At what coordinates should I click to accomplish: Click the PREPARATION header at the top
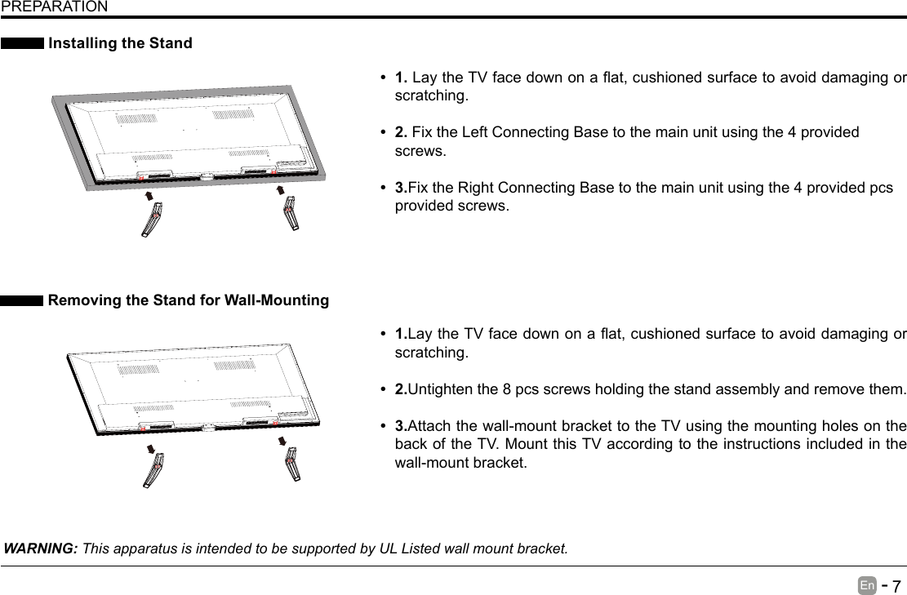[53, 7]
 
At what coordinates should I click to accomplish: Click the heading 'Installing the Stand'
[121, 43]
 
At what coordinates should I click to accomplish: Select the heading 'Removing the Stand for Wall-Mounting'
[189, 300]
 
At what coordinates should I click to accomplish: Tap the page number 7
[896, 587]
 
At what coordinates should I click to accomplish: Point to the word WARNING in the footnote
[41, 547]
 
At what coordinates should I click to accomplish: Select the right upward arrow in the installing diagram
[281, 191]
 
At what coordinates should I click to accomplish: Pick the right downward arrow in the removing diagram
[282, 442]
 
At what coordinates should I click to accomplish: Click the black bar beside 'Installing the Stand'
[22, 43]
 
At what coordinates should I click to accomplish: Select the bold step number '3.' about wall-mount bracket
[401, 427]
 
